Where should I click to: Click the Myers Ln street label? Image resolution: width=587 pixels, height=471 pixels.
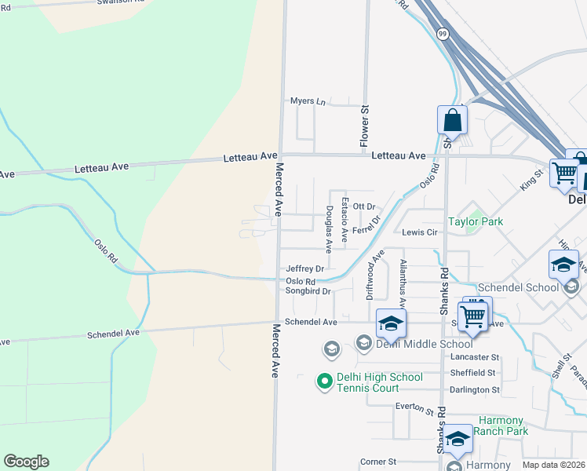pos(307,101)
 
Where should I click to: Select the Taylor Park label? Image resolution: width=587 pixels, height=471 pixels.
pos(476,221)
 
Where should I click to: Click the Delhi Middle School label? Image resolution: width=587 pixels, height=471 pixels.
pos(424,343)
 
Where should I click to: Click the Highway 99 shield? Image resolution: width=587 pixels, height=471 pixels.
pos(443,34)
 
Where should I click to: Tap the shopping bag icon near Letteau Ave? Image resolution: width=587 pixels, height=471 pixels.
pos(452,122)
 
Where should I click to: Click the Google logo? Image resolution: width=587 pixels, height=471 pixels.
pos(26,462)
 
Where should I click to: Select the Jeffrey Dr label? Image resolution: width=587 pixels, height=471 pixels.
pos(304,268)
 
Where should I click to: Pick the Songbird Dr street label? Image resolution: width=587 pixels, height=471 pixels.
pos(308,291)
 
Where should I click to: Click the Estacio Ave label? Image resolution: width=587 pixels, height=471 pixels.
pos(345,220)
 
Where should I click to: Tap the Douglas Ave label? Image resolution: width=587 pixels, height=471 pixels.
pos(329,229)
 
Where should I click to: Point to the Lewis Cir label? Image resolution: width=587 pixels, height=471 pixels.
pos(419,233)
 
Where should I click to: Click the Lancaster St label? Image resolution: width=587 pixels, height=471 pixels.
pos(475,357)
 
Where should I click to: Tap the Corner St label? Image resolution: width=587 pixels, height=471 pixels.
pos(378,462)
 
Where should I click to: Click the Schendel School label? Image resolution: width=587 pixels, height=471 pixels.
pos(531,287)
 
